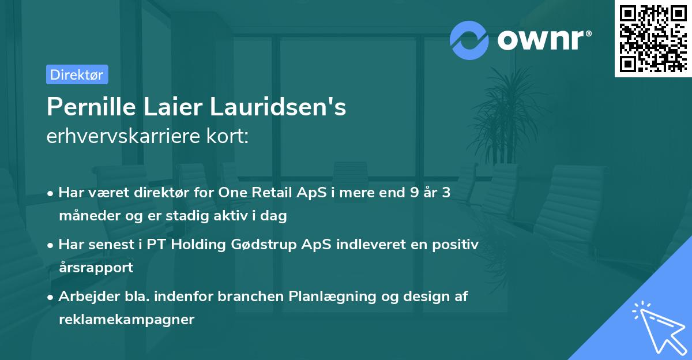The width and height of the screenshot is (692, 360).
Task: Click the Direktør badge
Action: coord(77,74)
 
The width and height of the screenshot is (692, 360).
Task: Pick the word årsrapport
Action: coord(96,268)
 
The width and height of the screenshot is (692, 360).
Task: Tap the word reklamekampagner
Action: coord(127,320)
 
